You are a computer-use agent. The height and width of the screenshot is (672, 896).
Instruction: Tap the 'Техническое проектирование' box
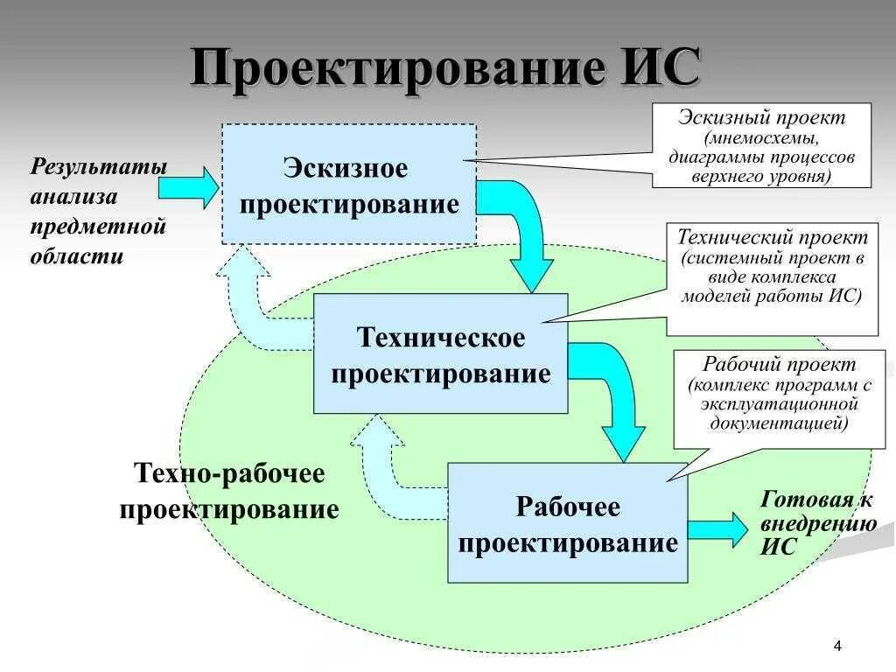point(440,353)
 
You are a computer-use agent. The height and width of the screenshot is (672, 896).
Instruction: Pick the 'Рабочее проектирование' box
point(567,523)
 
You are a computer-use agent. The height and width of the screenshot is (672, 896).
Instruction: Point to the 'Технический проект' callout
point(772,278)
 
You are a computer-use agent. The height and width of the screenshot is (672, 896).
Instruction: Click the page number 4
point(837,647)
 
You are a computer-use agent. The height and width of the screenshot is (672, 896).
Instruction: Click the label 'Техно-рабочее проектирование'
point(229,493)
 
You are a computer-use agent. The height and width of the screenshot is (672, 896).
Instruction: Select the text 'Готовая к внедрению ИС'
point(817,523)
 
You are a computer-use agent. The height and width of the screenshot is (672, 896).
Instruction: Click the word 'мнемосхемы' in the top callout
point(761,138)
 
